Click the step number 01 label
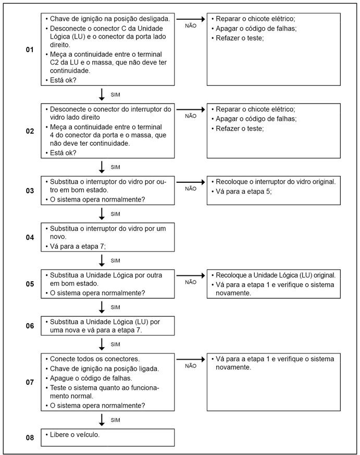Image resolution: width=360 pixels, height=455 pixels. pyautogui.click(x=30, y=50)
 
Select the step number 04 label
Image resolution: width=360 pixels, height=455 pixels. pyautogui.click(x=30, y=237)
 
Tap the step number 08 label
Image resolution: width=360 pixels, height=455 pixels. pyautogui.click(x=30, y=438)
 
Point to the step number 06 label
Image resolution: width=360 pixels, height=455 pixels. pyautogui.click(x=30, y=326)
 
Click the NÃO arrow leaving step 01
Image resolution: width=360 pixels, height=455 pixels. pyautogui.click(x=191, y=19)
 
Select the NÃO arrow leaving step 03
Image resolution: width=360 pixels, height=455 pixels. pyautogui.click(x=191, y=182)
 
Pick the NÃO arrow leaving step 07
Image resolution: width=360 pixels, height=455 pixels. pyautogui.click(x=191, y=359)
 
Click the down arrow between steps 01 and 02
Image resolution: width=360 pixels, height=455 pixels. pyautogui.click(x=102, y=95)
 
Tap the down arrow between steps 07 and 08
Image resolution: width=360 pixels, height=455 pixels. pyautogui.click(x=102, y=420)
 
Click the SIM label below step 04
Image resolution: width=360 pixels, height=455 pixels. pyautogui.click(x=116, y=260)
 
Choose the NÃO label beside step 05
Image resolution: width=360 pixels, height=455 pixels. pyautogui.click(x=191, y=282)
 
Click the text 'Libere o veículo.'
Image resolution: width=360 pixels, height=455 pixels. pyautogui.click(x=75, y=434)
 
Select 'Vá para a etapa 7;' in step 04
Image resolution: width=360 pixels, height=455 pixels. pyautogui.click(x=77, y=246)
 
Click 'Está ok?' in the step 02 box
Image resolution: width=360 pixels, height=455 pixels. pyautogui.click(x=63, y=153)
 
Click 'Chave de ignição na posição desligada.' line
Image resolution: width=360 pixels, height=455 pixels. pyautogui.click(x=109, y=18)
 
